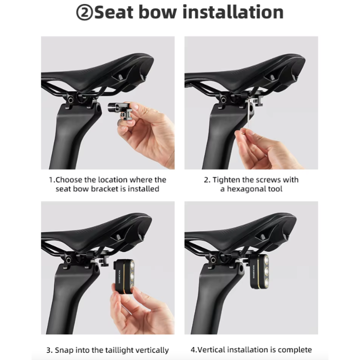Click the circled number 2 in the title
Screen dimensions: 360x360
(x=84, y=12)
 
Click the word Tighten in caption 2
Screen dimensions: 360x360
(x=226, y=180)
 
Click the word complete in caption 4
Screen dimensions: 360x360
(x=295, y=350)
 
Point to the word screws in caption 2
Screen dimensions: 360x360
(x=268, y=180)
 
